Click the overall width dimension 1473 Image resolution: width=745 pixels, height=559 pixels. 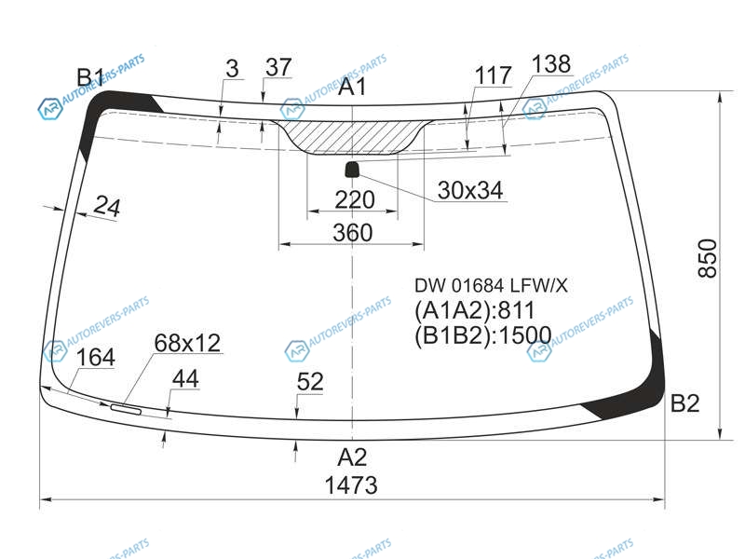[351, 485]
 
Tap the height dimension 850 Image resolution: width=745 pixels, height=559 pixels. [707, 258]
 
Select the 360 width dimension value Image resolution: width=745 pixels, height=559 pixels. [353, 232]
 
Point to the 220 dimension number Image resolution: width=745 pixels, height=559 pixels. [355, 199]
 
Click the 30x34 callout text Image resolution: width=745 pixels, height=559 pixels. [470, 190]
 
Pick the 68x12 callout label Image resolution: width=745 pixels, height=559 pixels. [188, 343]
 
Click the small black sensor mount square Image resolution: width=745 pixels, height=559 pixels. [352, 169]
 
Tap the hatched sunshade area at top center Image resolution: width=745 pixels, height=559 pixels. [353, 136]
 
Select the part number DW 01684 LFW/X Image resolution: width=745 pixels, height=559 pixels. [491, 286]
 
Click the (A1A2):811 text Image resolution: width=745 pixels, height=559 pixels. [475, 310]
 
